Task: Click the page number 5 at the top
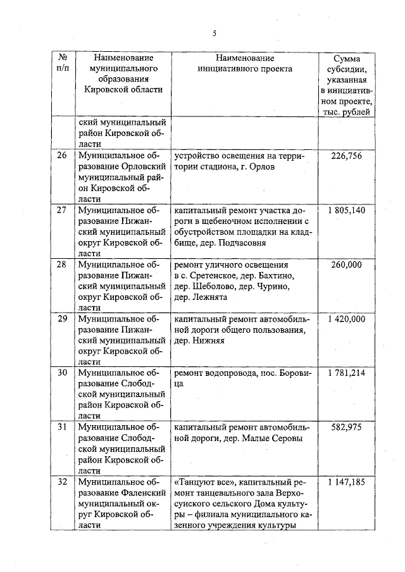point(214,34)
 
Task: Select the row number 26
point(62,156)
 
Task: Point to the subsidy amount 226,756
point(347,156)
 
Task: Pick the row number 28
point(62,264)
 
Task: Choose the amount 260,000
point(347,264)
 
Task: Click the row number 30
point(62,373)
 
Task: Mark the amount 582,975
point(347,428)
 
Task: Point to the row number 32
point(62,482)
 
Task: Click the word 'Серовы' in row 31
point(288,439)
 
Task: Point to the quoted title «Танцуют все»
point(202,482)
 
